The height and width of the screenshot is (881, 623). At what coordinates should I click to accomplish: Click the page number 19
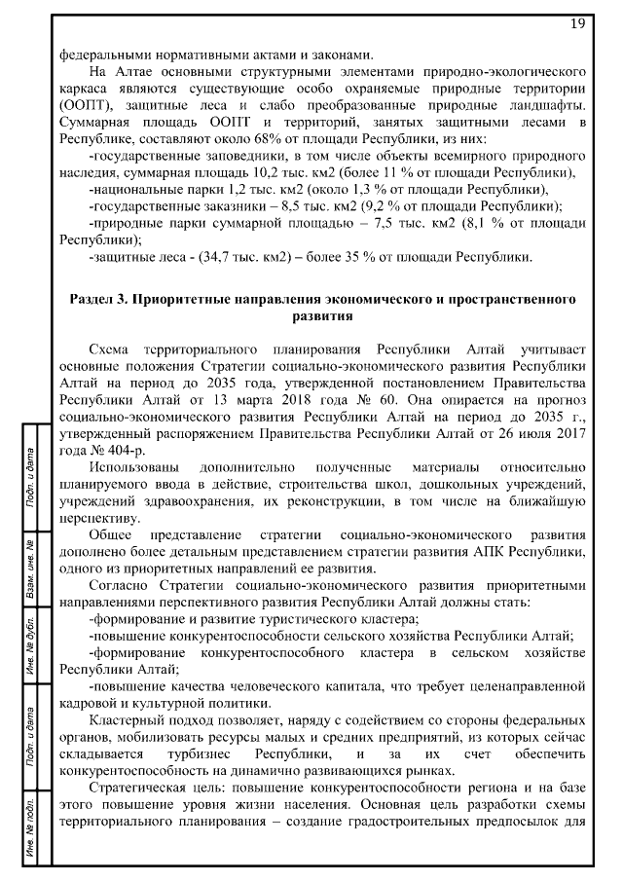pyautogui.click(x=575, y=22)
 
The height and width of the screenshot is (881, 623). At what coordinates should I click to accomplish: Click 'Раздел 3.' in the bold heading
pyautogui.click(x=100, y=299)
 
